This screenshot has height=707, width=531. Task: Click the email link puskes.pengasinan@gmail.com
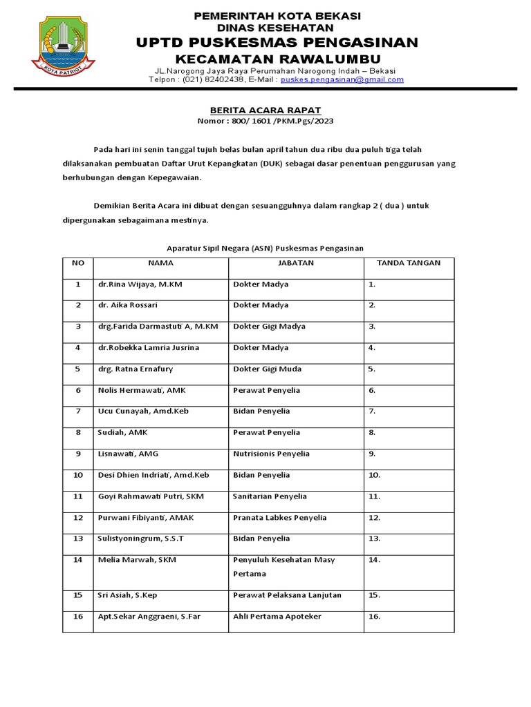342,79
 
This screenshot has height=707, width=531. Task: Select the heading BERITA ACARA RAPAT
265,110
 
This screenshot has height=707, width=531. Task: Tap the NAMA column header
160,263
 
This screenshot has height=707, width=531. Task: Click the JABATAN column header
296,263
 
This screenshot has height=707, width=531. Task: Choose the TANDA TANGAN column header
409,263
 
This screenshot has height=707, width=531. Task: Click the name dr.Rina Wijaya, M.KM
140,284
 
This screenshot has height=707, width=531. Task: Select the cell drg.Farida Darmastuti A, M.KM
158,327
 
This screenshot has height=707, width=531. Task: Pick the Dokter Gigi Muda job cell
267,369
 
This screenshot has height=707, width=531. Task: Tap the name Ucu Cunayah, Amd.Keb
143,411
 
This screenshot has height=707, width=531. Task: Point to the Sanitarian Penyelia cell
270,496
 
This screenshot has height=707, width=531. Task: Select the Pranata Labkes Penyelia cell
280,518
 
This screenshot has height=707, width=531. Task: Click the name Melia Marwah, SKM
137,560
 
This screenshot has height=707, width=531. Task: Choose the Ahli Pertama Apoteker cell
277,617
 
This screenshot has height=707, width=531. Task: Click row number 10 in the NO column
78,475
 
